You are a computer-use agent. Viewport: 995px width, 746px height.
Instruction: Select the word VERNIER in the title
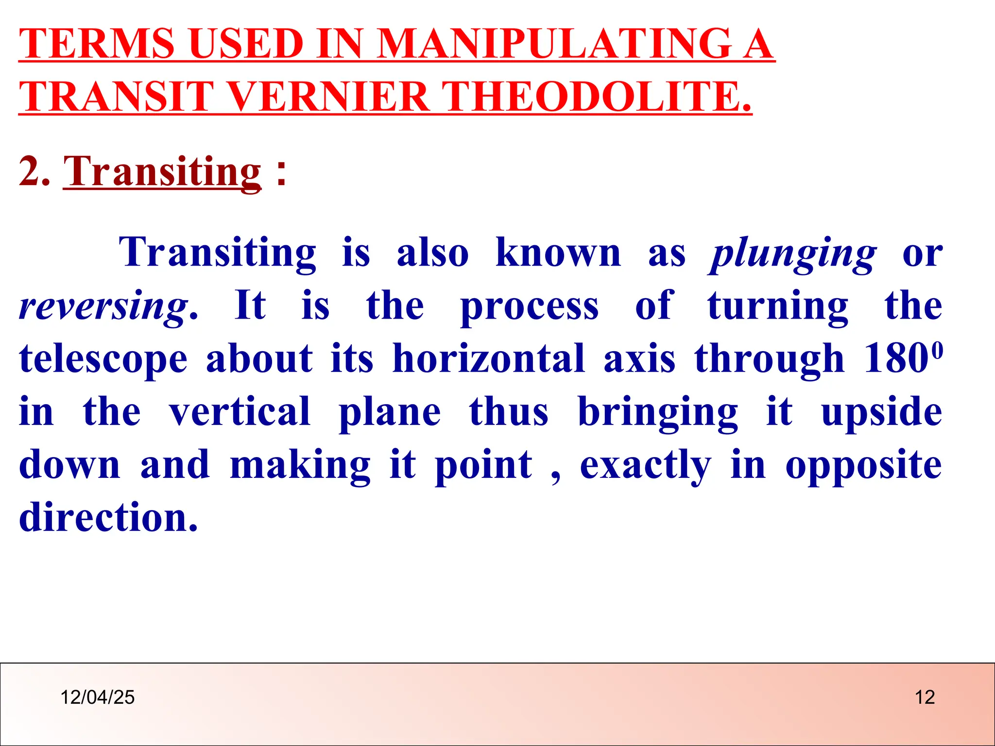pos(328,96)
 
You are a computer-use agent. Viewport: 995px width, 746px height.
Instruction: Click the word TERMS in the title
pos(96,44)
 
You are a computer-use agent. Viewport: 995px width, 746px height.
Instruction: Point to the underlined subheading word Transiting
pos(162,172)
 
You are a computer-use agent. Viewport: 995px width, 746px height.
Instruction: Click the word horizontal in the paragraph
pos(488,360)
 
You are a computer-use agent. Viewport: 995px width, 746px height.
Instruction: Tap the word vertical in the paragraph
pos(240,412)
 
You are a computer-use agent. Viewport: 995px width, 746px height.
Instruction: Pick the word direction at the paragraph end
pos(108,518)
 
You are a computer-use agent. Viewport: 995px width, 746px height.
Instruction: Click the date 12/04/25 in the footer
pos(97,697)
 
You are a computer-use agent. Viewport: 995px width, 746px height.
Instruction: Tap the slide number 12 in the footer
pos(925,697)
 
